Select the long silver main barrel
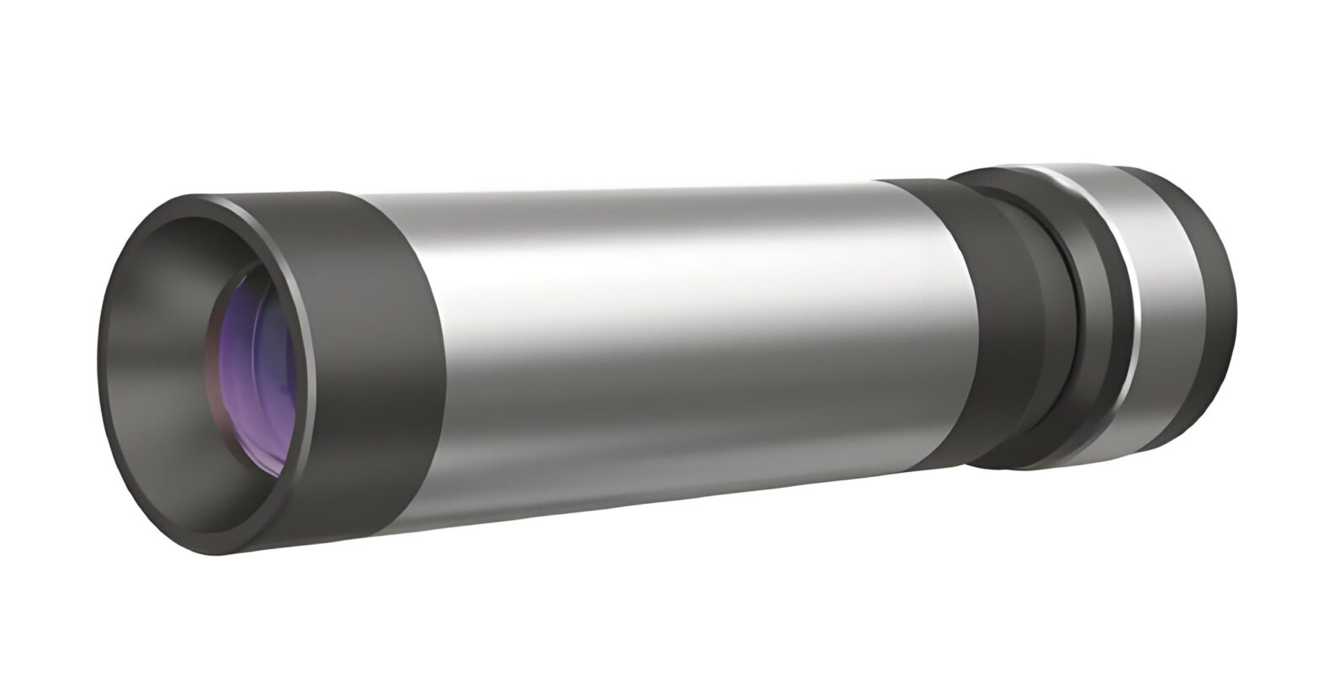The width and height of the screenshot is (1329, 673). point(673,336)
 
